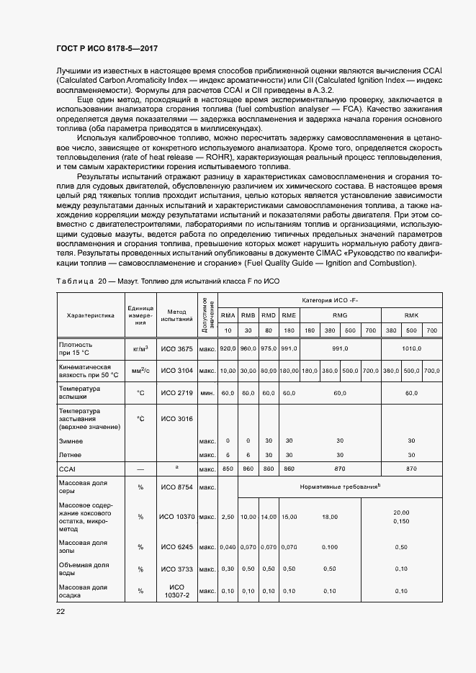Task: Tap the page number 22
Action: (x=60, y=612)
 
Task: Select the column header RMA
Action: (x=228, y=316)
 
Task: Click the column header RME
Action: (x=289, y=316)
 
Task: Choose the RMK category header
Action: (x=411, y=316)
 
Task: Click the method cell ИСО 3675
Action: (x=176, y=348)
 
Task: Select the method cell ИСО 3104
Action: (x=176, y=371)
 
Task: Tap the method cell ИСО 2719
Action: (x=176, y=393)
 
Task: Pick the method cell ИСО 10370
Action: (x=176, y=517)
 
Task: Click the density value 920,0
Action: (x=228, y=348)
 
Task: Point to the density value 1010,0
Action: (x=411, y=348)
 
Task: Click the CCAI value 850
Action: (x=228, y=468)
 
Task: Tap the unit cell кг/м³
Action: (x=140, y=348)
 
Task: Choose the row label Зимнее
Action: (x=71, y=441)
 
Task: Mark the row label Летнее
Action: (x=70, y=455)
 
